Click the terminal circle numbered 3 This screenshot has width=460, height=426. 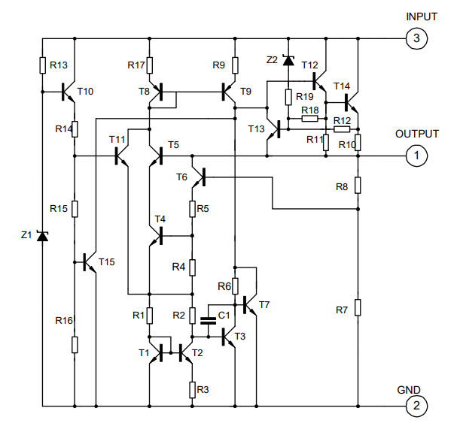point(416,39)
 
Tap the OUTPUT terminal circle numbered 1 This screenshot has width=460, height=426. point(416,156)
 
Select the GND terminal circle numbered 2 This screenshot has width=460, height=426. point(416,406)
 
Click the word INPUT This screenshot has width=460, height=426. point(421,17)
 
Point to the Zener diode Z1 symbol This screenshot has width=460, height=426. point(42,237)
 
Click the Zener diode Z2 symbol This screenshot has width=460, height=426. point(288,59)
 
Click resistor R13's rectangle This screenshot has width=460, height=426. point(42,65)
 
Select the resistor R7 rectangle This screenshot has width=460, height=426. point(358,307)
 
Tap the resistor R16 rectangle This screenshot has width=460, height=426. point(75,344)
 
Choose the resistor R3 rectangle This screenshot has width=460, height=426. point(193,389)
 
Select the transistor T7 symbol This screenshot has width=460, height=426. point(251,304)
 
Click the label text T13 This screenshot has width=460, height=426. point(257,129)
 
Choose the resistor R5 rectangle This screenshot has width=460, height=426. point(193,208)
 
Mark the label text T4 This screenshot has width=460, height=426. point(159,219)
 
